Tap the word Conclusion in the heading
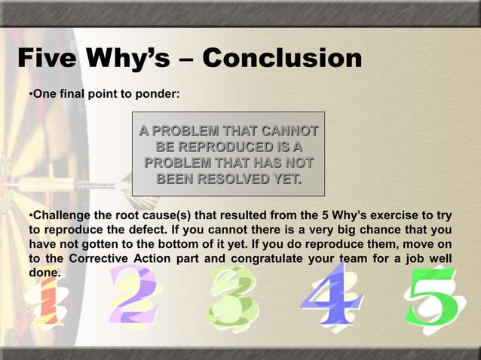283,59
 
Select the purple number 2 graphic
133,297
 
